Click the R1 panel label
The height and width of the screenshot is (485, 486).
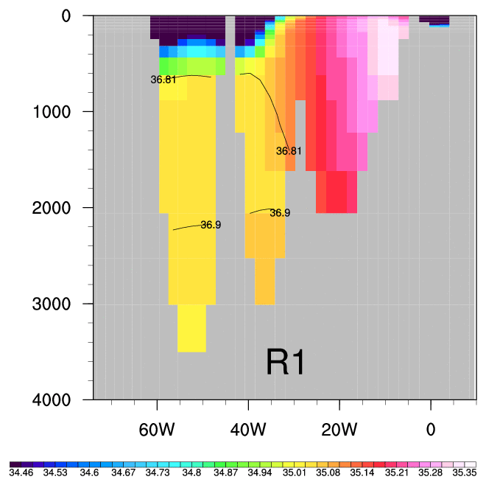pyautogui.click(x=286, y=363)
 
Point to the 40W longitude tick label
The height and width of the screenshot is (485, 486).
pyautogui.click(x=248, y=429)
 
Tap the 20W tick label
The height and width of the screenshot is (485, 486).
pyautogui.click(x=339, y=429)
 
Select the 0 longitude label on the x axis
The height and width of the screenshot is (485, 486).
pyautogui.click(x=431, y=429)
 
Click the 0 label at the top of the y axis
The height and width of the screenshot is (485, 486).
pyautogui.click(x=77, y=15)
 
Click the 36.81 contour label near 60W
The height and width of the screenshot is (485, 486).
pyautogui.click(x=163, y=80)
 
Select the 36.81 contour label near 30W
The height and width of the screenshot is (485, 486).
pyautogui.click(x=289, y=151)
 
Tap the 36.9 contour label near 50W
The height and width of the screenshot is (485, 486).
pyautogui.click(x=211, y=225)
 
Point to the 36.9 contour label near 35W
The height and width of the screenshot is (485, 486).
pyautogui.click(x=280, y=213)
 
